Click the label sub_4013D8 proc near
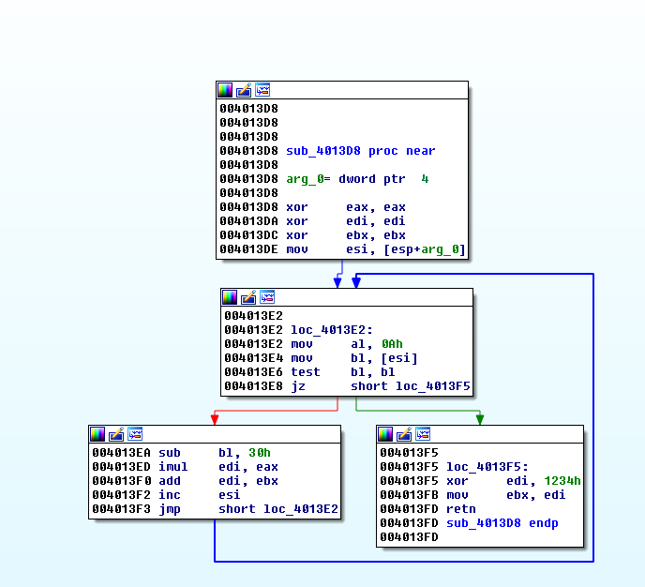coord(360,151)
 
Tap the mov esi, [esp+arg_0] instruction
coord(375,249)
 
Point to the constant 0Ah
coord(391,344)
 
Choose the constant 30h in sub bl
coord(260,453)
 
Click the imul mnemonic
coord(173,467)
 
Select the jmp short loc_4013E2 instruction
coord(248,509)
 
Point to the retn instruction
coord(460,509)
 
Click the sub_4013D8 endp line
coord(502,523)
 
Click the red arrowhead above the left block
coord(215,418)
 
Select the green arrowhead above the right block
coord(480,418)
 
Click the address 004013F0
coord(120,481)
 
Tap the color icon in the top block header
coord(225,90)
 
